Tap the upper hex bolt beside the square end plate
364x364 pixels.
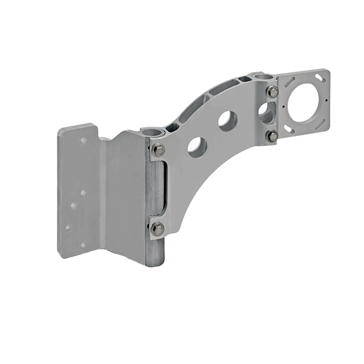(x=272, y=92)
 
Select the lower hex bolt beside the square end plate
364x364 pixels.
(x=272, y=136)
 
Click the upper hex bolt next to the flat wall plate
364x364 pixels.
(x=159, y=150)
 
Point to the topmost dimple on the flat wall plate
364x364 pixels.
(x=84, y=140)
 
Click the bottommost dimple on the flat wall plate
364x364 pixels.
(x=83, y=245)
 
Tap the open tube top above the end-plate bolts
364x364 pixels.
(x=262, y=78)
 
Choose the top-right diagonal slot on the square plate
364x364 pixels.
(x=319, y=78)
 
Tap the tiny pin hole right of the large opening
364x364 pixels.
(x=326, y=101)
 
